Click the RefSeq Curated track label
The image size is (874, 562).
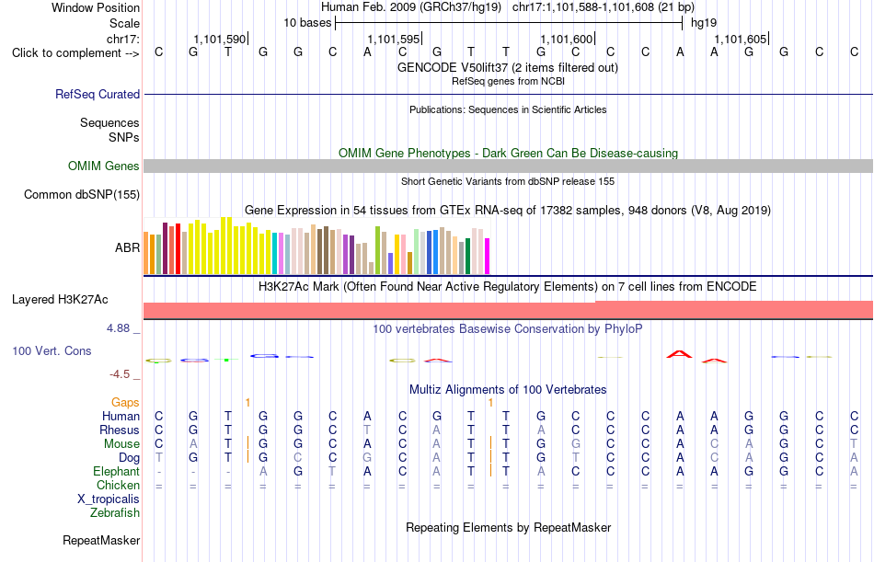[98, 94]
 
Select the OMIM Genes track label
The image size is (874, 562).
[104, 166]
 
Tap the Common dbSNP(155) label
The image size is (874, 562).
[82, 195]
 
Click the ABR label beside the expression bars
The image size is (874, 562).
[127, 247]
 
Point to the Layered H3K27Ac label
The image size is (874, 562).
[60, 300]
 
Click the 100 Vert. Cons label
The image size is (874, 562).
[52, 351]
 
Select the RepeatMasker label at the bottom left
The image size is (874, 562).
[101, 540]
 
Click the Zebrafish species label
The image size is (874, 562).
[115, 513]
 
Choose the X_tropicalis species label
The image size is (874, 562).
[109, 499]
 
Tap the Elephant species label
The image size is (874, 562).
[117, 472]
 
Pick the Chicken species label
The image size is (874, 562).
[118, 486]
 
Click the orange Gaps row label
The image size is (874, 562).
[125, 403]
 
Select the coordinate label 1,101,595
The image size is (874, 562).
[394, 39]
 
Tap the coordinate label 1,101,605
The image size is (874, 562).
[741, 39]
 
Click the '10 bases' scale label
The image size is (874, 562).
[307, 23]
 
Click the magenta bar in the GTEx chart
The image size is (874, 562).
[488, 257]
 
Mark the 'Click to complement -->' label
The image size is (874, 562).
[75, 53]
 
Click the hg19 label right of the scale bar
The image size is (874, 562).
[704, 23]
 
